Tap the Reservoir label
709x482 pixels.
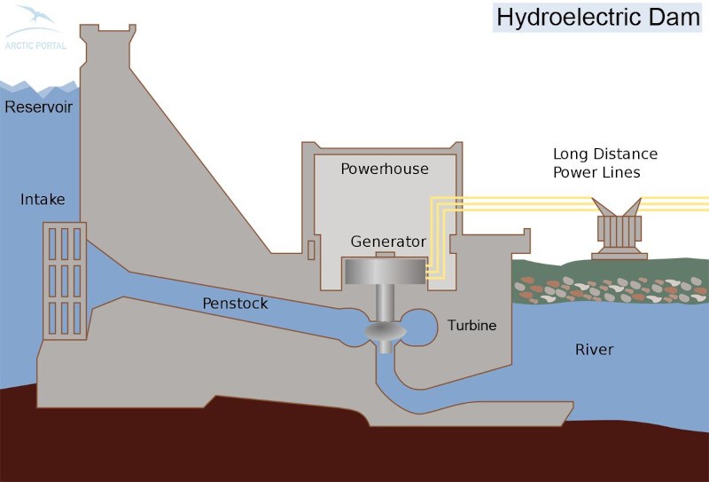[37, 107]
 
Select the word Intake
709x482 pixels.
[43, 200]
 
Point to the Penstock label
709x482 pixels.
[235, 304]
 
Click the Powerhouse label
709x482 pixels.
[384, 169]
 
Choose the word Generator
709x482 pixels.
[388, 241]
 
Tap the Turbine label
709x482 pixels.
[471, 326]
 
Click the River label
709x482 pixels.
[594, 350]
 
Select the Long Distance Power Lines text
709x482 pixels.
[605, 162]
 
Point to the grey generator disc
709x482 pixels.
[385, 272]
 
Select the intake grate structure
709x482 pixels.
[64, 280]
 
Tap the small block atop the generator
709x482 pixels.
[385, 257]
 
